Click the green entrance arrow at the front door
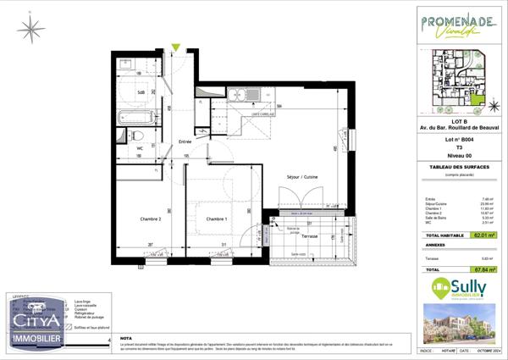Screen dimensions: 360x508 [175, 47]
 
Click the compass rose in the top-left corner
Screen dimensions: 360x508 [31, 30]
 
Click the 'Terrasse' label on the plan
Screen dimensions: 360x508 [309, 236]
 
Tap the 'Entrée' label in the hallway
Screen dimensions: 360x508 [185, 141]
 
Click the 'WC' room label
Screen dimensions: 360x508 [141, 148]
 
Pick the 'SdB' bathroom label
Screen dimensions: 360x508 [141, 91]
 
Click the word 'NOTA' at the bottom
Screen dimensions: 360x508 [126, 337]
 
